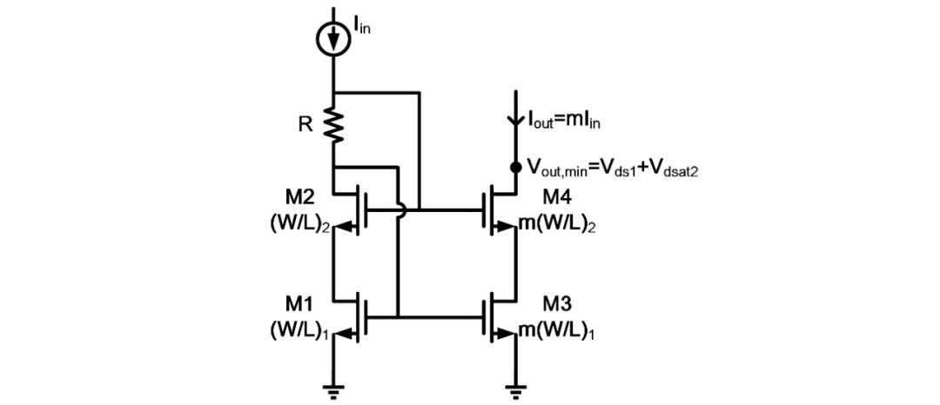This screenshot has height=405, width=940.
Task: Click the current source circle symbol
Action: click(x=333, y=40)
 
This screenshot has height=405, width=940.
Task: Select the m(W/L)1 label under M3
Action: click(x=558, y=331)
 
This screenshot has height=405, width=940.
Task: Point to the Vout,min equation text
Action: click(x=614, y=168)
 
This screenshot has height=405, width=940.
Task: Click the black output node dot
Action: click(x=515, y=167)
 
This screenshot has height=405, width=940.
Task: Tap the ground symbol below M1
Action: click(x=333, y=392)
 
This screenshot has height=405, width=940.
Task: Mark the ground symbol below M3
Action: click(x=515, y=392)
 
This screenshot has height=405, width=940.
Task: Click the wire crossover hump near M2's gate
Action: click(x=399, y=209)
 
